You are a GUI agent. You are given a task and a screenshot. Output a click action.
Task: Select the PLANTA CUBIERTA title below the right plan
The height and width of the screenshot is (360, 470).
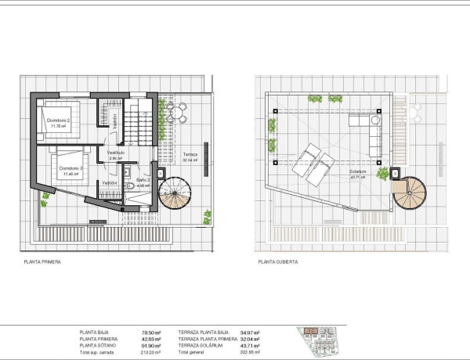276,261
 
